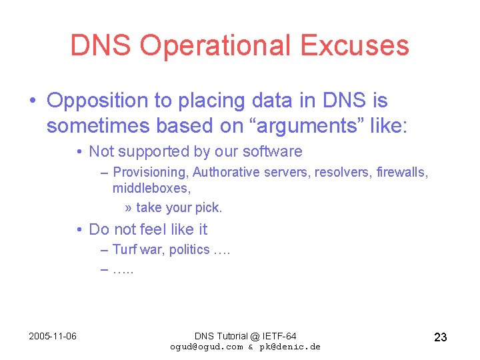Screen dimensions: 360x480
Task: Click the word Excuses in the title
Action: (354, 46)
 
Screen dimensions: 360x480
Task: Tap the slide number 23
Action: (440, 337)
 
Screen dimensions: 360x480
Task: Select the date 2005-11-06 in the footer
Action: (53, 336)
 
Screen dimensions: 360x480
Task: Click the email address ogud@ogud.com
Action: (207, 347)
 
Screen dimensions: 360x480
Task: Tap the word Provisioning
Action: (151, 173)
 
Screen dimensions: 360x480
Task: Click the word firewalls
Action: (402, 173)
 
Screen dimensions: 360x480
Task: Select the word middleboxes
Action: (151, 189)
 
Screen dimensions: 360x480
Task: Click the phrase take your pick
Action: (179, 207)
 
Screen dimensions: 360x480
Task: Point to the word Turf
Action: (124, 250)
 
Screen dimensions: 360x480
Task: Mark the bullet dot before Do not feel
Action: (79, 230)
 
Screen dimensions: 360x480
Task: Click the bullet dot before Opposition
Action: (33, 101)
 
